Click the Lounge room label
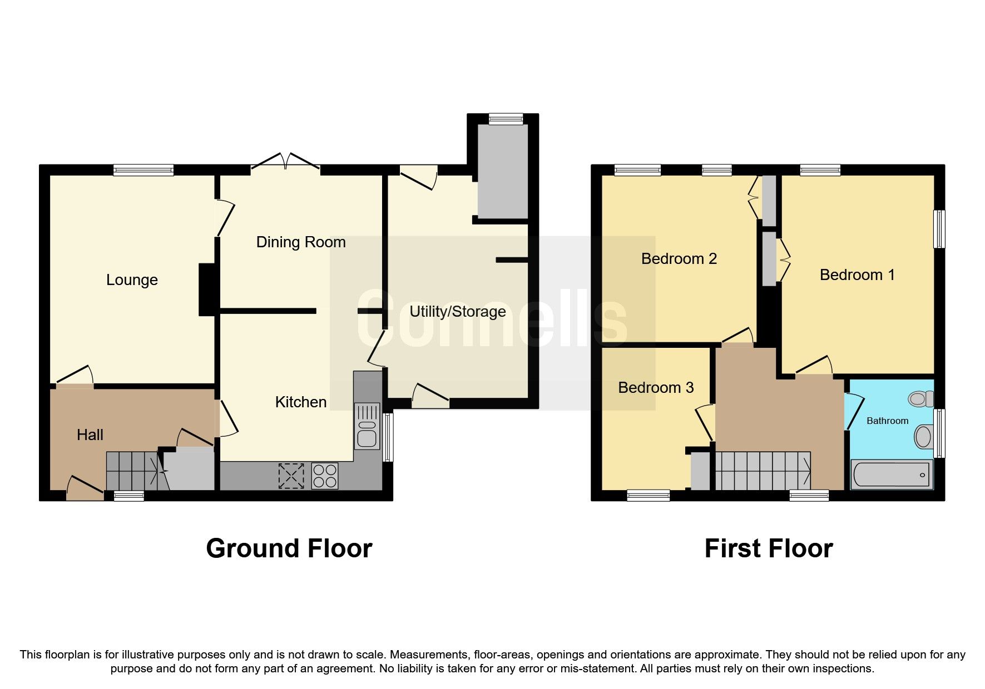[x=132, y=280]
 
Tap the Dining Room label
[x=301, y=242]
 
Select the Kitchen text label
[x=301, y=402]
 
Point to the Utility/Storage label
[x=458, y=312]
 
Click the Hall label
[x=90, y=435]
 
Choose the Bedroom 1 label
[x=857, y=275]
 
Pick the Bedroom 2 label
[x=679, y=259]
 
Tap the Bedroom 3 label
[x=656, y=388]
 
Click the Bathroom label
[x=887, y=421]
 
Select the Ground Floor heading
[x=289, y=549]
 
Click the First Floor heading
[x=768, y=549]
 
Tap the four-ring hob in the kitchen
[x=325, y=476]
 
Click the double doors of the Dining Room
[x=285, y=163]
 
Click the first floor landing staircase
[x=763, y=471]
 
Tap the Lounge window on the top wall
[x=143, y=171]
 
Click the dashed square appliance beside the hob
[x=291, y=476]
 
